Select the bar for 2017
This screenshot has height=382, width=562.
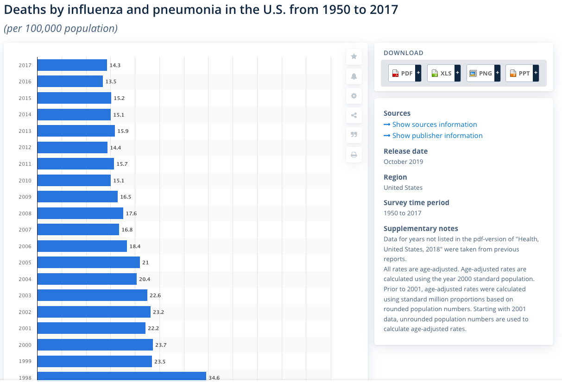click(x=72, y=65)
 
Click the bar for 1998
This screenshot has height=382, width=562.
click(x=121, y=377)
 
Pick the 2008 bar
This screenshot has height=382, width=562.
click(x=80, y=213)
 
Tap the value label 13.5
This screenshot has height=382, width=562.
click(x=111, y=82)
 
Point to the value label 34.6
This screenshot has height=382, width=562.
click(x=214, y=378)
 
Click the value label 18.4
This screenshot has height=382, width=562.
click(x=135, y=246)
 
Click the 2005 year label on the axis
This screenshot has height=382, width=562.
click(x=25, y=263)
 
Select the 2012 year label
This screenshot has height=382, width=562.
click(x=25, y=148)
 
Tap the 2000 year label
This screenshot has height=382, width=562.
click(x=25, y=345)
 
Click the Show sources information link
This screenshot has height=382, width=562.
click(x=434, y=125)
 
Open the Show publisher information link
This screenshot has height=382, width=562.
click(x=437, y=136)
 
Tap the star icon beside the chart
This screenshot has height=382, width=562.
click(x=354, y=56)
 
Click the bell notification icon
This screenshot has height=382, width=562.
click(x=354, y=76)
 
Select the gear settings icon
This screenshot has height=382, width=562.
click(x=354, y=96)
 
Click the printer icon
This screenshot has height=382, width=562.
click(x=354, y=155)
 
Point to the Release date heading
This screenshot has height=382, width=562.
click(x=405, y=151)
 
